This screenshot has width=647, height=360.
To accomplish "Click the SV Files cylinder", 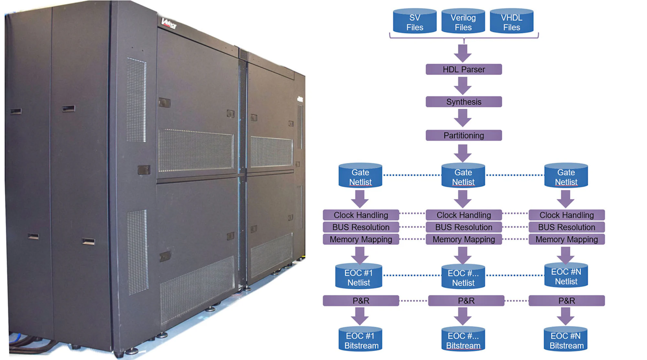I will [414, 21].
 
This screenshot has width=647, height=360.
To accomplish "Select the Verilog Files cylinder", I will [463, 21].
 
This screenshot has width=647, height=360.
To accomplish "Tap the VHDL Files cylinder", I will [511, 21].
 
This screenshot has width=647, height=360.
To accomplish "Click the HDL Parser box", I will [464, 69].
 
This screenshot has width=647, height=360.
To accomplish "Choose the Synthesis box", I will [464, 102].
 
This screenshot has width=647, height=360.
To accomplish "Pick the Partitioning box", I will [464, 135].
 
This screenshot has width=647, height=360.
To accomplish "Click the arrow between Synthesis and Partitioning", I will [463, 118].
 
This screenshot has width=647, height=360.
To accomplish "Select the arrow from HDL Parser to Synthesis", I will [463, 85].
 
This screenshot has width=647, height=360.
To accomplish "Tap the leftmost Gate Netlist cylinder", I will [360, 176].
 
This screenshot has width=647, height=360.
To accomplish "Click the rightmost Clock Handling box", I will [566, 215].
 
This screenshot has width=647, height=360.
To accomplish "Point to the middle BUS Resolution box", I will [464, 227].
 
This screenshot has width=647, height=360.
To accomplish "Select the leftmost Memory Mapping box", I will [361, 239].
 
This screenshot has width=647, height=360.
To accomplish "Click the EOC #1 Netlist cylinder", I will [358, 277].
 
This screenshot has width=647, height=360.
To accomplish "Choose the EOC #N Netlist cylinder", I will [566, 276].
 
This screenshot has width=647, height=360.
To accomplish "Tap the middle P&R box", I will [466, 301].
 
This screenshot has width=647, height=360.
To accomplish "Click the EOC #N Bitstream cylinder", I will [566, 340].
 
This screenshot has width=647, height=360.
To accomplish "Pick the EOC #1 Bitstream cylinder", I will [360, 340].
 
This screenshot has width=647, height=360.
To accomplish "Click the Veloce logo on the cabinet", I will [169, 24].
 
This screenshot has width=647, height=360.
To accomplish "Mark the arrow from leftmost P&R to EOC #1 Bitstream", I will [360, 316].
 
